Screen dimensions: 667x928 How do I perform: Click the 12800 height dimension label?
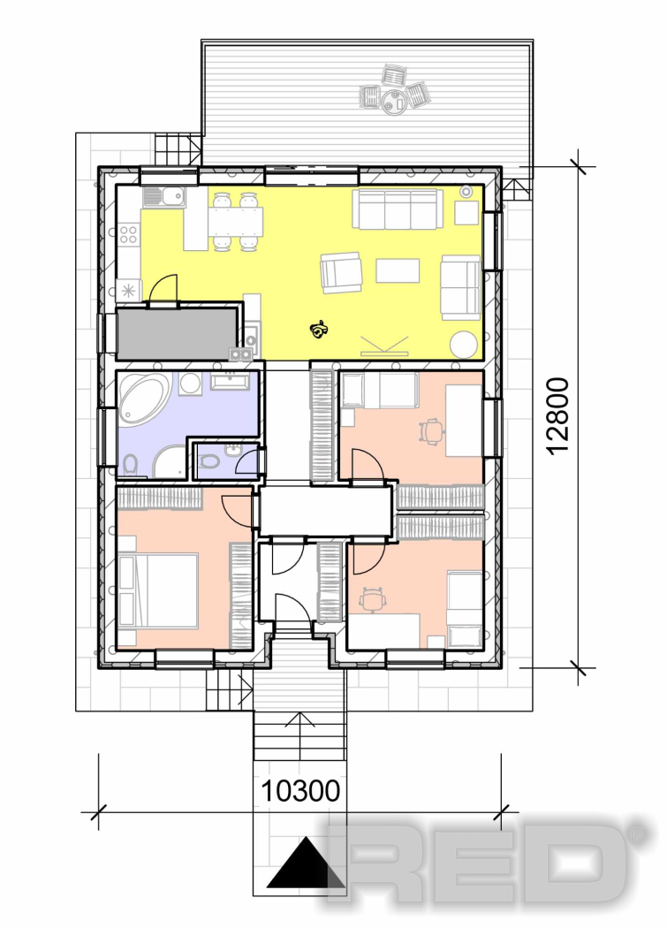[x=558, y=416]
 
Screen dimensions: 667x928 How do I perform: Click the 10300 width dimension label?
[x=300, y=791]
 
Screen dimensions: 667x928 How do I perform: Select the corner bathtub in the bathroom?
[x=144, y=400]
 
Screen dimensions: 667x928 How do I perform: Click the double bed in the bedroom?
[x=158, y=590]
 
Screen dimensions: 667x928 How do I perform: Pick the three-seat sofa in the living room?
[x=398, y=209]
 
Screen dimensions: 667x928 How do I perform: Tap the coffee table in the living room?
[x=398, y=270]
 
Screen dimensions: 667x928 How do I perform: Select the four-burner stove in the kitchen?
[x=128, y=234]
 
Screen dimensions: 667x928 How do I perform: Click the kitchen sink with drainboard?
[x=164, y=196]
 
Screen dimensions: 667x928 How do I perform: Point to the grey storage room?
[x=177, y=333]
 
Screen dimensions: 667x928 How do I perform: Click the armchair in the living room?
[x=341, y=272]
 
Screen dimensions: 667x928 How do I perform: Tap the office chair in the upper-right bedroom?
[x=432, y=431]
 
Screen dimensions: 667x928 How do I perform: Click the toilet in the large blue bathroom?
[x=131, y=465]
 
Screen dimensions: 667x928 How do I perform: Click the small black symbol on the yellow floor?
[x=320, y=330]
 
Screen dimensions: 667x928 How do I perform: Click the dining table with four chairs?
[x=236, y=221]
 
